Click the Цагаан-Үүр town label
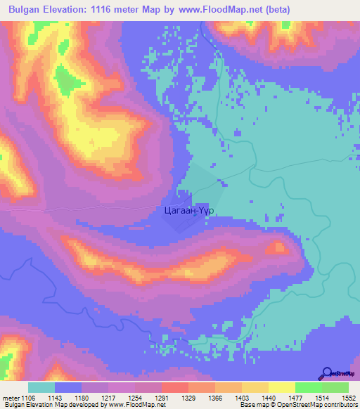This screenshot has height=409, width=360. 188,210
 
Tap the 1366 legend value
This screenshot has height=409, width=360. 228,398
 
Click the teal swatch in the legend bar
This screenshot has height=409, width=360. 41,387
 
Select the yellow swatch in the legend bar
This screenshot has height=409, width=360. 281,387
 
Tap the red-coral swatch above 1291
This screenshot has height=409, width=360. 174,387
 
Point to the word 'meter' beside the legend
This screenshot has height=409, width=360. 11,398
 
